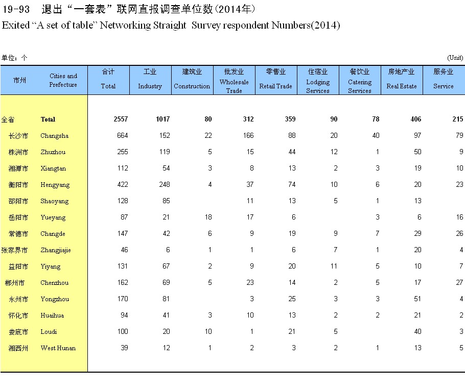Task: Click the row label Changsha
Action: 54,136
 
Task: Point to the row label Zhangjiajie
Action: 56,250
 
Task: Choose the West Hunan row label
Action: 58,348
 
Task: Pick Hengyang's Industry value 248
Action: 163,185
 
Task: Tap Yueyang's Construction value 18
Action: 207,217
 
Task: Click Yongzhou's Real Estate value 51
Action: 417,299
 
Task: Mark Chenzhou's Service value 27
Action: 459,283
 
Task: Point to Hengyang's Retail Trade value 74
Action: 291,185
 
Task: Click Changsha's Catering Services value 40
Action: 376,136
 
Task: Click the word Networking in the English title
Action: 125,25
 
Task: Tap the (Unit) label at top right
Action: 455,58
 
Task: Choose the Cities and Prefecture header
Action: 63,80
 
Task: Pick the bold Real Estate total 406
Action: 415,119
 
